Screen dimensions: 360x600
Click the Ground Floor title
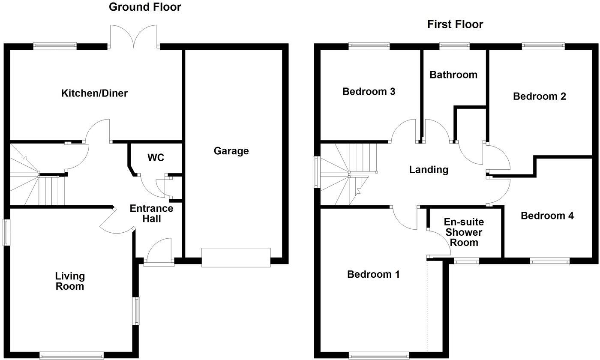click(x=145, y=7)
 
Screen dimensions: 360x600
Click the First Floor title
click(x=455, y=24)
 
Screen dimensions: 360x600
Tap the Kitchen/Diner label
click(x=94, y=93)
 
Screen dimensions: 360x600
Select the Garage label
click(x=231, y=151)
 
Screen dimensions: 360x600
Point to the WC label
click(x=156, y=158)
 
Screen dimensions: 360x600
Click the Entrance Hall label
click(x=151, y=213)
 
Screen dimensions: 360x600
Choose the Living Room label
click(x=70, y=281)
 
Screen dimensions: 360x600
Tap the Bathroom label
click(x=453, y=75)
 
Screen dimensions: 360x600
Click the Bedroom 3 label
click(x=369, y=91)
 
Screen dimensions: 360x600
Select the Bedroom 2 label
click(x=539, y=96)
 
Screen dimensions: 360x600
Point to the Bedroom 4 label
click(x=547, y=216)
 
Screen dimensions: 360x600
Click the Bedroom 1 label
click(x=373, y=274)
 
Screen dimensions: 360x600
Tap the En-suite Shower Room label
click(x=463, y=232)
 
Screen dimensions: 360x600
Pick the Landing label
click(x=429, y=170)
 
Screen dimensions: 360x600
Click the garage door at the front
click(x=236, y=258)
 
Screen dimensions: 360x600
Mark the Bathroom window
click(x=454, y=46)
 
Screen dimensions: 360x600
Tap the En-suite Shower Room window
click(x=466, y=261)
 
